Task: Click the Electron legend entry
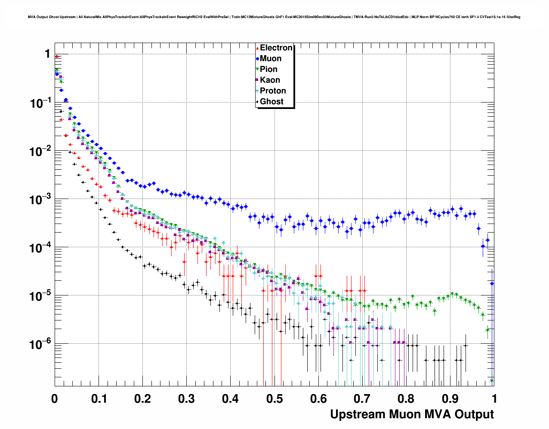point(276,48)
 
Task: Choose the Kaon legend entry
point(270,80)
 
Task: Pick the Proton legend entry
point(273,91)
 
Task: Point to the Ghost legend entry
point(271,102)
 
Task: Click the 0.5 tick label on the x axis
point(274,399)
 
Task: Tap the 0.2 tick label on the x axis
point(142,399)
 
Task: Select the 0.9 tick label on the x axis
point(450,399)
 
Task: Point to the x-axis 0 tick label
point(55,399)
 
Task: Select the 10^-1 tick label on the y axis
point(40,103)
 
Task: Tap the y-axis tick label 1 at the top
point(47,54)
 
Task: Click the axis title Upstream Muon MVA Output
point(412,414)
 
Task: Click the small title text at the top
point(274,17)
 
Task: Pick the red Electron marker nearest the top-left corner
point(57,56)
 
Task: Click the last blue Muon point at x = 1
point(492,283)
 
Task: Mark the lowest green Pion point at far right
point(492,381)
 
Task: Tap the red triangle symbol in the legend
point(257,48)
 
